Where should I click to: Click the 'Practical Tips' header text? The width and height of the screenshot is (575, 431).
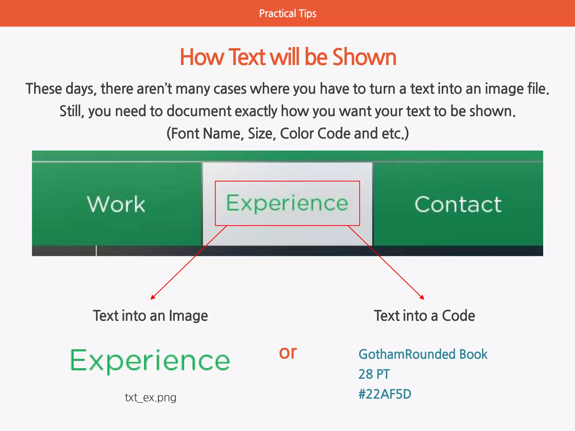[287, 13]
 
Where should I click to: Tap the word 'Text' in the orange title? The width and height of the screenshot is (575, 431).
[247, 57]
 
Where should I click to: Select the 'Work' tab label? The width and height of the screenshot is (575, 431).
[116, 204]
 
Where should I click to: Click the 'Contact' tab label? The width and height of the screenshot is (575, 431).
[458, 204]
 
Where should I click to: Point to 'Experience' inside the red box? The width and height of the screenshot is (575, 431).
[287, 203]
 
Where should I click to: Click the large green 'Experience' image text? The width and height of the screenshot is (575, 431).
[150, 361]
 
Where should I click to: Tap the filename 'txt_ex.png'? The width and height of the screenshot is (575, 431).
[150, 398]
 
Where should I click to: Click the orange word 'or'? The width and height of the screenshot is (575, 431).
[288, 352]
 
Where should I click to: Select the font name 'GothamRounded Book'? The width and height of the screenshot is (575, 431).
[423, 354]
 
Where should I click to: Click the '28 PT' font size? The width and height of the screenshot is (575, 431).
[374, 374]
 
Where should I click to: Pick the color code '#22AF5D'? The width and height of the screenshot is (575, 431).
[385, 394]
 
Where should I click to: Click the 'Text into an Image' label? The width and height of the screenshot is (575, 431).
[150, 316]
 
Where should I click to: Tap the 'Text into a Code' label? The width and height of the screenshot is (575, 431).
[424, 316]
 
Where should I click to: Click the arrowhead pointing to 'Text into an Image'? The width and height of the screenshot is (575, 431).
[152, 298]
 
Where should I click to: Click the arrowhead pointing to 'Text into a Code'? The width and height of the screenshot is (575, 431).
[422, 297]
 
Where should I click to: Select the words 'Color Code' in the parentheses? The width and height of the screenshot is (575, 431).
[315, 134]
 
